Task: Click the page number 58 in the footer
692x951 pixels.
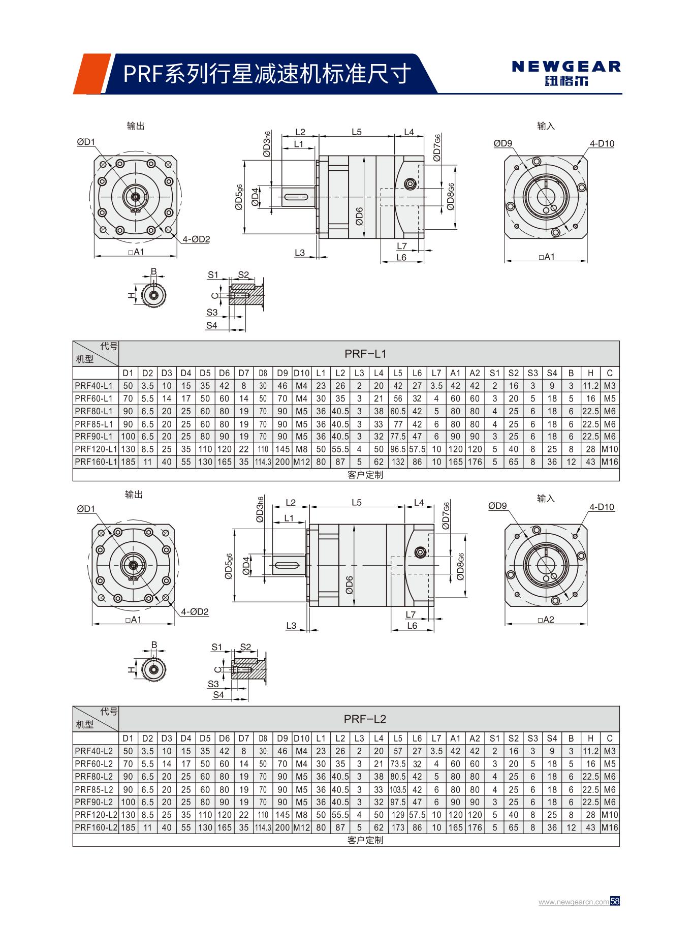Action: click(x=615, y=901)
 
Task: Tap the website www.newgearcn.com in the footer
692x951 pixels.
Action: click(x=574, y=902)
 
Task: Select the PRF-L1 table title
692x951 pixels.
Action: click(x=365, y=354)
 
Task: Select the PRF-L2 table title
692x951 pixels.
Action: click(x=365, y=719)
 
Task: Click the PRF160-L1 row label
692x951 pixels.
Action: click(x=96, y=462)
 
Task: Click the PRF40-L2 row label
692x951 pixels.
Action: click(x=94, y=751)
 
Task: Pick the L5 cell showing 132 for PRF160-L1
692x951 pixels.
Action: click(x=398, y=462)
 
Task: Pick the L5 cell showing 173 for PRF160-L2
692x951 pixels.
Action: click(x=398, y=827)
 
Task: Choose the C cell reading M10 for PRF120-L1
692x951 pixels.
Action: click(x=609, y=449)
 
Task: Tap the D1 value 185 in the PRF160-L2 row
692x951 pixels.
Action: click(x=128, y=827)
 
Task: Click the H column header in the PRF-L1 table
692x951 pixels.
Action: click(x=590, y=373)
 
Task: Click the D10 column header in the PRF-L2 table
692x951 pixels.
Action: click(x=301, y=738)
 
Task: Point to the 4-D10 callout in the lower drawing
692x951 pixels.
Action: click(x=602, y=507)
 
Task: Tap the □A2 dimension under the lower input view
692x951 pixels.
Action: click(x=547, y=620)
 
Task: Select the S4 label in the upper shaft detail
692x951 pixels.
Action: click(x=212, y=325)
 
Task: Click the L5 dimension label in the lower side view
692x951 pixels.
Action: click(x=357, y=502)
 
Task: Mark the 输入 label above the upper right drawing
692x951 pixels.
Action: click(x=546, y=126)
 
